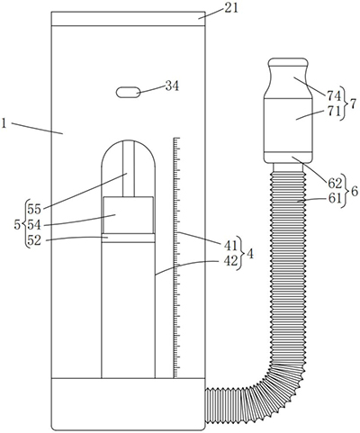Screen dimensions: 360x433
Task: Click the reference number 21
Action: pos(231,8)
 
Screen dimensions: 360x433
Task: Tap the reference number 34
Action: pos(172,86)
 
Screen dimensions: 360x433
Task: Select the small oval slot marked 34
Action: pos(128,93)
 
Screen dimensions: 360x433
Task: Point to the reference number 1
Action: pos(4,123)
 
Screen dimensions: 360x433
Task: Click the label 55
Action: pos(34,210)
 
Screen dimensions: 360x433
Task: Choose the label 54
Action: pos(34,225)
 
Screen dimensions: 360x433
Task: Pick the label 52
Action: pos(34,240)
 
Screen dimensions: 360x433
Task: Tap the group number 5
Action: pos(17,224)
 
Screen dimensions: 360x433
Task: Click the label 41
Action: pos(230,246)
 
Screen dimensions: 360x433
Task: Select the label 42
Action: pos(230,261)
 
